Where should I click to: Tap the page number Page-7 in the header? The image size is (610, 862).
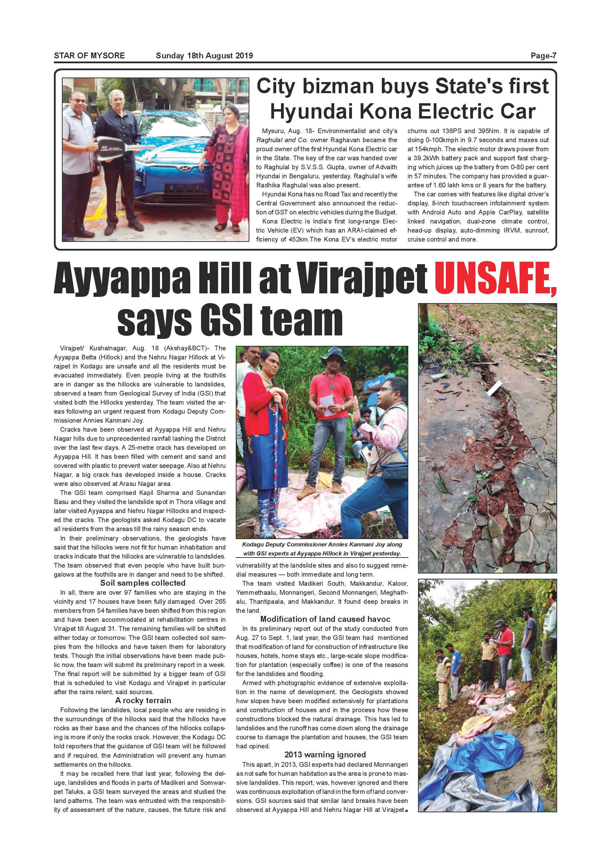[x=543, y=56]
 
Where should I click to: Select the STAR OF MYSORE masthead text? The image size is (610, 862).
[x=89, y=56]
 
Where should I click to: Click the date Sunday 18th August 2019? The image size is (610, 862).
[x=204, y=56]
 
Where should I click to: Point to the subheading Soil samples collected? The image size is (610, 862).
[x=143, y=583]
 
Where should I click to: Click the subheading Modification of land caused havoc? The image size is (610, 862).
[x=325, y=619]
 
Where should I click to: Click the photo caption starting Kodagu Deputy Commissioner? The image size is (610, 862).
[x=322, y=548]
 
